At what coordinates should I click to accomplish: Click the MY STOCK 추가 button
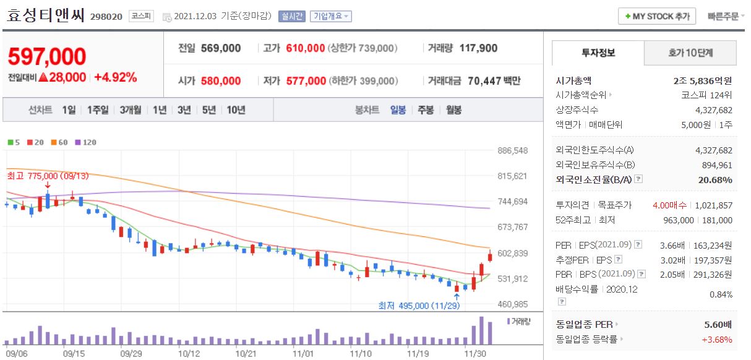657,16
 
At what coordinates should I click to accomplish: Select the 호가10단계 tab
690,53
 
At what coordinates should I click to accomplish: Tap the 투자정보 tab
598,53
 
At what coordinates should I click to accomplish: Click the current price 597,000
47,56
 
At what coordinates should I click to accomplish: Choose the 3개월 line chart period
131,110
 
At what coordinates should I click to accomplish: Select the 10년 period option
236,110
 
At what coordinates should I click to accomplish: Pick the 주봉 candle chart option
426,110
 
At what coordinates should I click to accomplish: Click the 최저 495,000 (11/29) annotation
419,306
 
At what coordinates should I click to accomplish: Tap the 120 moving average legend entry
86,142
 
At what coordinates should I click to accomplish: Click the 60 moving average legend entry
59,142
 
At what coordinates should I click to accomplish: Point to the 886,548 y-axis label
512,150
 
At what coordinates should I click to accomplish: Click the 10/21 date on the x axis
246,353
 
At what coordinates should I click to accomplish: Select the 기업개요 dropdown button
330,17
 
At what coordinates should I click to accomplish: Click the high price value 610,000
306,48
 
